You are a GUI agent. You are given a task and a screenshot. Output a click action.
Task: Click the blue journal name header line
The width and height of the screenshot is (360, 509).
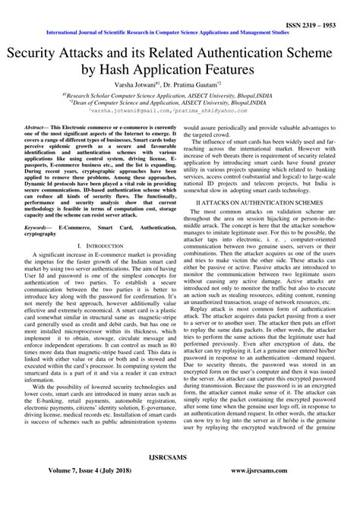pos(180,33)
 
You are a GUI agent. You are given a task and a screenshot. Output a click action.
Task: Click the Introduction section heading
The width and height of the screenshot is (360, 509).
pos(100,247)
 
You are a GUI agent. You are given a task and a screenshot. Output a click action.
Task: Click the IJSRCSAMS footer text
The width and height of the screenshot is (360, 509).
pos(180,482)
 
